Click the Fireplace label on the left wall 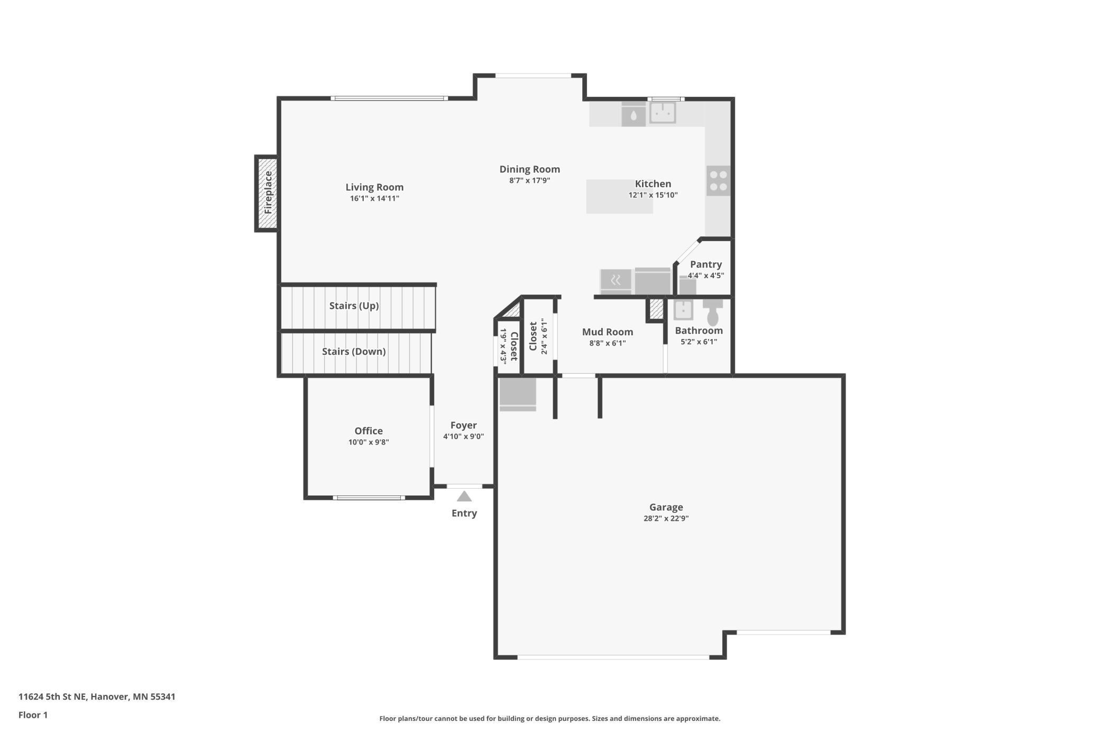click(268, 193)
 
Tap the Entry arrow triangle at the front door click(464, 497)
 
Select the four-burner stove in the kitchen click(718, 180)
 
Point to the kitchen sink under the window click(662, 112)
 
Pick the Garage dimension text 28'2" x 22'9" click(666, 518)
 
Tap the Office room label click(369, 430)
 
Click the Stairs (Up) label click(354, 306)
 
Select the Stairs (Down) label click(354, 351)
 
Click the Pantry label click(705, 264)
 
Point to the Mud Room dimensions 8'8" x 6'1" click(607, 343)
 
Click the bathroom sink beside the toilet click(683, 310)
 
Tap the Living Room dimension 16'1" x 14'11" click(374, 198)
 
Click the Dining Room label click(529, 169)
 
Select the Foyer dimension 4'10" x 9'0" click(463, 436)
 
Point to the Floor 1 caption click(33, 715)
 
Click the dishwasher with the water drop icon click(633, 115)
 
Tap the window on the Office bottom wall click(369, 498)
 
